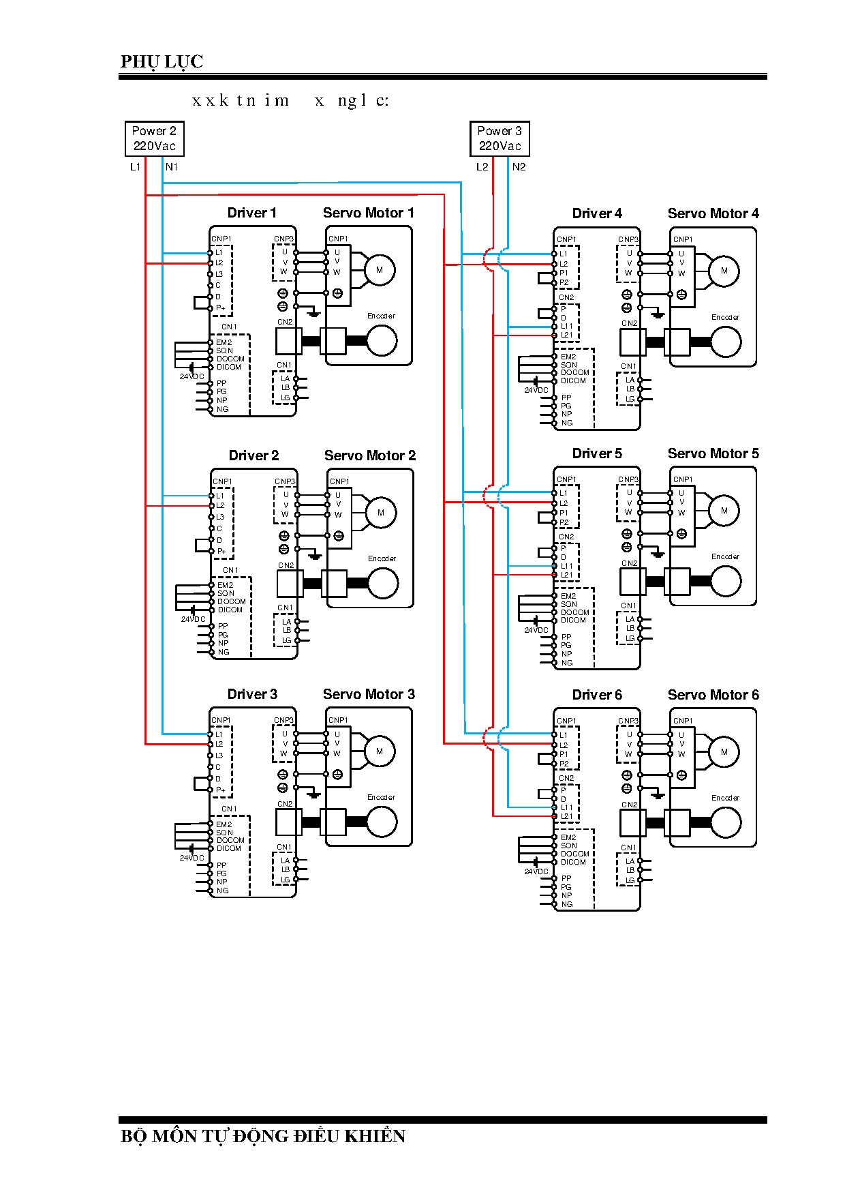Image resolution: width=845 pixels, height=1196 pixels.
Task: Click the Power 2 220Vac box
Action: click(x=154, y=138)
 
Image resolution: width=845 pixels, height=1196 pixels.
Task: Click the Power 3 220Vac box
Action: click(x=500, y=138)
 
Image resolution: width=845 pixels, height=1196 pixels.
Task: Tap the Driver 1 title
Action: click(x=251, y=213)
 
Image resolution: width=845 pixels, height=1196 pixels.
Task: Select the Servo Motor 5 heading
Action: click(x=713, y=453)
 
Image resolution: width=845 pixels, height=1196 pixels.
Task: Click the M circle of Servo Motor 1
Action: click(x=380, y=270)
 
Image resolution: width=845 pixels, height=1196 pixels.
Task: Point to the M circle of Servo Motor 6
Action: click(x=724, y=752)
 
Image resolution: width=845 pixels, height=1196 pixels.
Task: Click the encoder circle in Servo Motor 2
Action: click(x=383, y=584)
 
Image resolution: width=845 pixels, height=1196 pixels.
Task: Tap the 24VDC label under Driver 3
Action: click(x=191, y=858)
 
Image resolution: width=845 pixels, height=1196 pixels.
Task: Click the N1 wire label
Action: click(x=172, y=167)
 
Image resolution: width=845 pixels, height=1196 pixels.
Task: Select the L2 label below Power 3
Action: click(x=482, y=167)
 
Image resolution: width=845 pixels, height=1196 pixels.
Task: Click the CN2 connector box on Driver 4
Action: click(x=632, y=342)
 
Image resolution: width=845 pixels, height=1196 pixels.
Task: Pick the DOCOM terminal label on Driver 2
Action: click(x=231, y=601)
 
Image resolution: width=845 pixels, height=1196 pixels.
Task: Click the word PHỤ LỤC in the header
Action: click(x=162, y=61)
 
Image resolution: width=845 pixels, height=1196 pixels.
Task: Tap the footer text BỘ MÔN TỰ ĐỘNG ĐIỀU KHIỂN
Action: click(x=263, y=1136)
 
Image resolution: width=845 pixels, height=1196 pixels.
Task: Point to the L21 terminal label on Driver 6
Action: click(x=566, y=816)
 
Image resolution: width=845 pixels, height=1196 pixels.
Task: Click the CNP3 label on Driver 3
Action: click(x=283, y=720)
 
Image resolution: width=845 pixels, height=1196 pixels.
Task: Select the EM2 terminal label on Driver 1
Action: click(x=224, y=342)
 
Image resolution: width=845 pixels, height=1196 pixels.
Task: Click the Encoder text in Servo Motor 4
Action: click(x=725, y=317)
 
